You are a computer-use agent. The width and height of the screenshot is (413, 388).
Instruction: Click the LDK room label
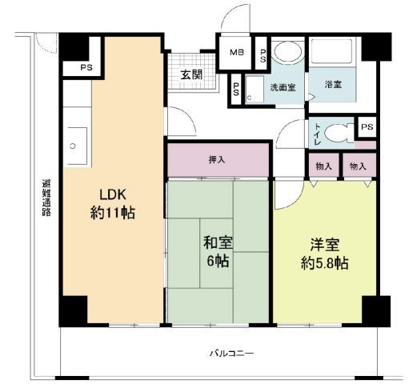113,204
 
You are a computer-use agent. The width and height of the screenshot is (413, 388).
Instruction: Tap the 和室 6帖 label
218,251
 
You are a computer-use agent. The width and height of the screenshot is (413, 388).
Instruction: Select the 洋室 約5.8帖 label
325,254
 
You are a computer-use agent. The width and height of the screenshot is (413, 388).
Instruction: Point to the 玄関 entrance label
191,74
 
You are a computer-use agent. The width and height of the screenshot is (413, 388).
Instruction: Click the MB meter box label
237,52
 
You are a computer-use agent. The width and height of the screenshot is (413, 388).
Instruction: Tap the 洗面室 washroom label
283,87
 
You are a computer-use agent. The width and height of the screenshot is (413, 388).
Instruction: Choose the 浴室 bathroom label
333,85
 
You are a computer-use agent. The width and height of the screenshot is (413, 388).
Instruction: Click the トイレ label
318,134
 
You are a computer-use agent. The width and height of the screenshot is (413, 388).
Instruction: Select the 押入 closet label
217,160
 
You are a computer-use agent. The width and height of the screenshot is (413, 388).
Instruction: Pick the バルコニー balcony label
231,354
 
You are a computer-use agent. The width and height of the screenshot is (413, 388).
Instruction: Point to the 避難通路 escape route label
46,198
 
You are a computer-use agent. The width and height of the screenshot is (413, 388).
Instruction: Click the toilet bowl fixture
339,133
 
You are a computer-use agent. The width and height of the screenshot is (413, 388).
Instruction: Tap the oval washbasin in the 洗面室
288,51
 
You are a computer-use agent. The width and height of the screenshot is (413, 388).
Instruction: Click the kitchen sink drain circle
73,146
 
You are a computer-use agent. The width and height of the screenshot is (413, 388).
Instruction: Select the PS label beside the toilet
367,126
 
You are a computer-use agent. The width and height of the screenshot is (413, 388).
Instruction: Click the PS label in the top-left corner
86,67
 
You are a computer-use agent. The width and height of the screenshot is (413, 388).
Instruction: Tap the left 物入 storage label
323,166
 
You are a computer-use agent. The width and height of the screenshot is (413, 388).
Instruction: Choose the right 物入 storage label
358,166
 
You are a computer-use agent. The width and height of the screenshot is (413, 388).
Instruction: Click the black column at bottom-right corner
376,310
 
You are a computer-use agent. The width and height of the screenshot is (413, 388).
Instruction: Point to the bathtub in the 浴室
332,52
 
